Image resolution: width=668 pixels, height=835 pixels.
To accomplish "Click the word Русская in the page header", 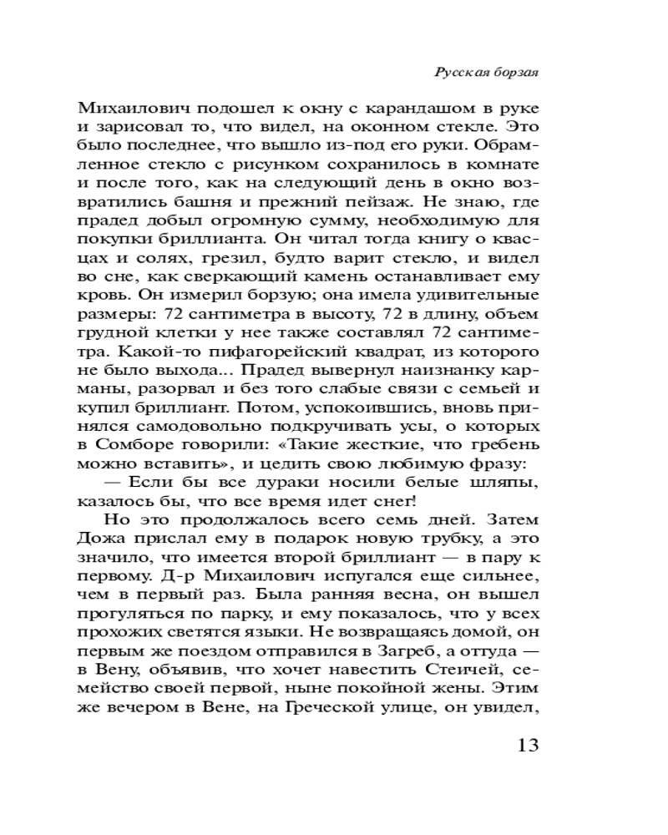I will click(461, 73).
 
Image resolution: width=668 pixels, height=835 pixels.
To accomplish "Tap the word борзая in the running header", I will click(515, 73).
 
